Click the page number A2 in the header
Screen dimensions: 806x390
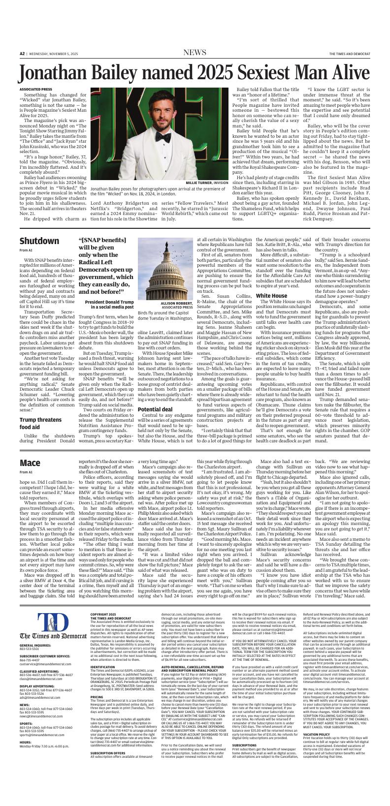tap(22, 53)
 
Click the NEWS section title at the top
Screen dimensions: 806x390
tap(195, 53)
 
